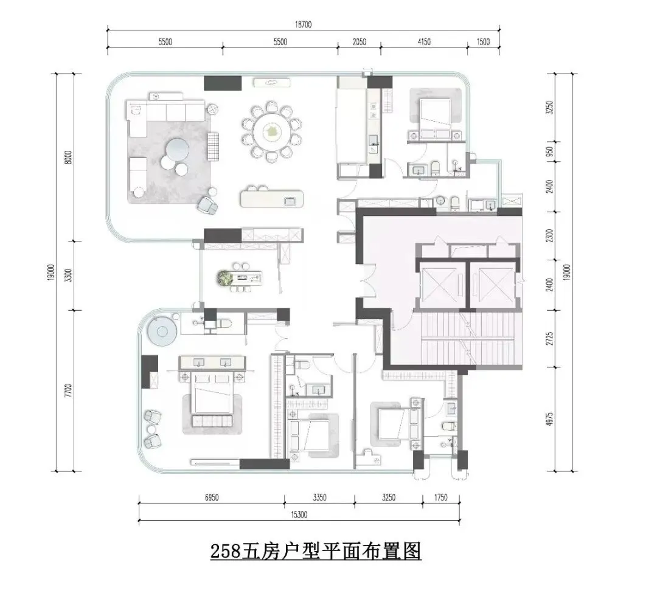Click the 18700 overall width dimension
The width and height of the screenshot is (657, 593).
pyautogui.click(x=303, y=24)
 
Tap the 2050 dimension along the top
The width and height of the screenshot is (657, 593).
pyautogui.click(x=359, y=41)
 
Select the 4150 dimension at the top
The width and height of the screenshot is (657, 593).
pyautogui.click(x=424, y=41)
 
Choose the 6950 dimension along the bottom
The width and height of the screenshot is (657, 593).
pyautogui.click(x=212, y=498)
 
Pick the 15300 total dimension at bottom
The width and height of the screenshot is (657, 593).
pyautogui.click(x=299, y=515)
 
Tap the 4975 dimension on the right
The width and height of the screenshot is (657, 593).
pyautogui.click(x=550, y=419)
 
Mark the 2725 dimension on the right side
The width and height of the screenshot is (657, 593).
pyautogui.click(x=550, y=338)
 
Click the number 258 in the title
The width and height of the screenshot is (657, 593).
pyautogui.click(x=226, y=551)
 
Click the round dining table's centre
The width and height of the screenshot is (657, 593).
pyautogui.click(x=271, y=132)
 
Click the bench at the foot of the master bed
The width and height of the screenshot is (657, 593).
pyautogui.click(x=212, y=421)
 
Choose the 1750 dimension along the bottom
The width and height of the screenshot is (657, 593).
pyautogui.click(x=440, y=498)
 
